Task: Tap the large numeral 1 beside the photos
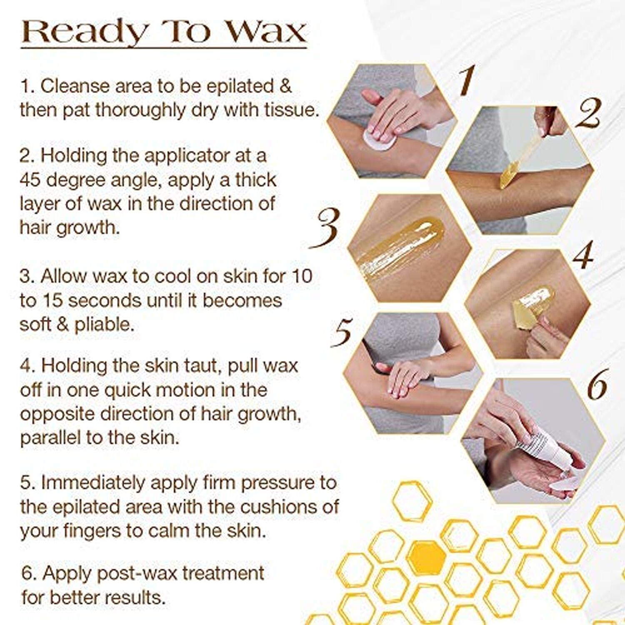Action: click(467, 80)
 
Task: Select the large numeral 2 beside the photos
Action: click(588, 113)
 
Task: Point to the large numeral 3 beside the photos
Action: click(325, 228)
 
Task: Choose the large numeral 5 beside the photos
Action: click(343, 332)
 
